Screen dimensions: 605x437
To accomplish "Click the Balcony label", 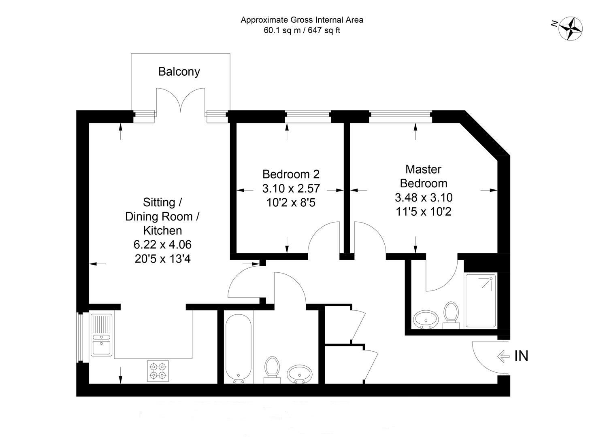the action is point(179,72).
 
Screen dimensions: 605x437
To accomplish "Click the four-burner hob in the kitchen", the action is point(158,371).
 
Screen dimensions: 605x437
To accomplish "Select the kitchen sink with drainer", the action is point(101,335).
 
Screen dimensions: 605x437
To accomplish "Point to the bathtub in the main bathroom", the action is point(239,349).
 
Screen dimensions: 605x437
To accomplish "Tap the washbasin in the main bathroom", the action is point(300,374).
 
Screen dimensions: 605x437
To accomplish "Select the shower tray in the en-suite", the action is point(481,301).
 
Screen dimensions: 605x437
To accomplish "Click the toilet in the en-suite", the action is point(451,315).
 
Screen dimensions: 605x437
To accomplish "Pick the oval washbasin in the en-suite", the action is point(426,320).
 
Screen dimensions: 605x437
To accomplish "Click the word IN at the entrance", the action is point(521,356).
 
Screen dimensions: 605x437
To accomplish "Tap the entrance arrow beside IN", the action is point(503,356).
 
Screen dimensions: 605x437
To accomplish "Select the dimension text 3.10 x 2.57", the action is point(291,189).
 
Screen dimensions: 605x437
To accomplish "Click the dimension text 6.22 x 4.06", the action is point(163,244).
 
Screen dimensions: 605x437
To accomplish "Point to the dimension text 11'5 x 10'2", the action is point(424,212).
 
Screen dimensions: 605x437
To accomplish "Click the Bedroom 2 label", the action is point(291,174).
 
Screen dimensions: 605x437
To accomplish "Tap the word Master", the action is point(424,170).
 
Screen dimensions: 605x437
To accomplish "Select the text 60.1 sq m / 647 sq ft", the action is point(302,30).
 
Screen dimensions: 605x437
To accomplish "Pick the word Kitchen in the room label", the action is point(163,231).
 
